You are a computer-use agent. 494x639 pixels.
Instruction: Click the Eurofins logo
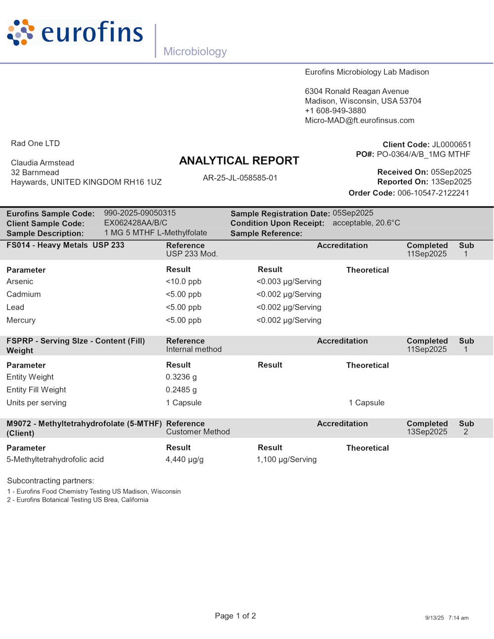75,33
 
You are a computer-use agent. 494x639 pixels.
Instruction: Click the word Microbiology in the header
195,51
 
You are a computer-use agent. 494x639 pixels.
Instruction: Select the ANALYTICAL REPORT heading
239,161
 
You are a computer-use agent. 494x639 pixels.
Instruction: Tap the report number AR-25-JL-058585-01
240,178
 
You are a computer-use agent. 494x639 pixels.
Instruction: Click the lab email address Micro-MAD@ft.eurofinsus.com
360,120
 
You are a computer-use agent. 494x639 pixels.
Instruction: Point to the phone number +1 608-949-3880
335,111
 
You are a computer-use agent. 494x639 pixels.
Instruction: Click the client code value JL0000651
452,145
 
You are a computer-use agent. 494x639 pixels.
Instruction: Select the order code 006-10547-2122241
433,193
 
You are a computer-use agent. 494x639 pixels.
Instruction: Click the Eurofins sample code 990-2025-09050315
140,213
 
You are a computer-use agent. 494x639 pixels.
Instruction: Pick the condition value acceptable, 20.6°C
366,223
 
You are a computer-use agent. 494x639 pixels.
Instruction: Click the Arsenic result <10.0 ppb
184,281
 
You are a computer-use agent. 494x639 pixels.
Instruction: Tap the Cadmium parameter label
24,294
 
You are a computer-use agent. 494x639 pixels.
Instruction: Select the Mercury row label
21,320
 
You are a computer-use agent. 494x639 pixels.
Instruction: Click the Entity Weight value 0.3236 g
181,377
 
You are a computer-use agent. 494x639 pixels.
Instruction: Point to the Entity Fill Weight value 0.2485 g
181,390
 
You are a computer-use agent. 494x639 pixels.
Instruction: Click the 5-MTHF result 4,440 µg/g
185,460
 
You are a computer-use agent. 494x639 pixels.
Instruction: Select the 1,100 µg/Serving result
287,460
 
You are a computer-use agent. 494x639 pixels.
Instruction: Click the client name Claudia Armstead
42,163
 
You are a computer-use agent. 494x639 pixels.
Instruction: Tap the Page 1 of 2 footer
235,616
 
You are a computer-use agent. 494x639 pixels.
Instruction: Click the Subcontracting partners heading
50,481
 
